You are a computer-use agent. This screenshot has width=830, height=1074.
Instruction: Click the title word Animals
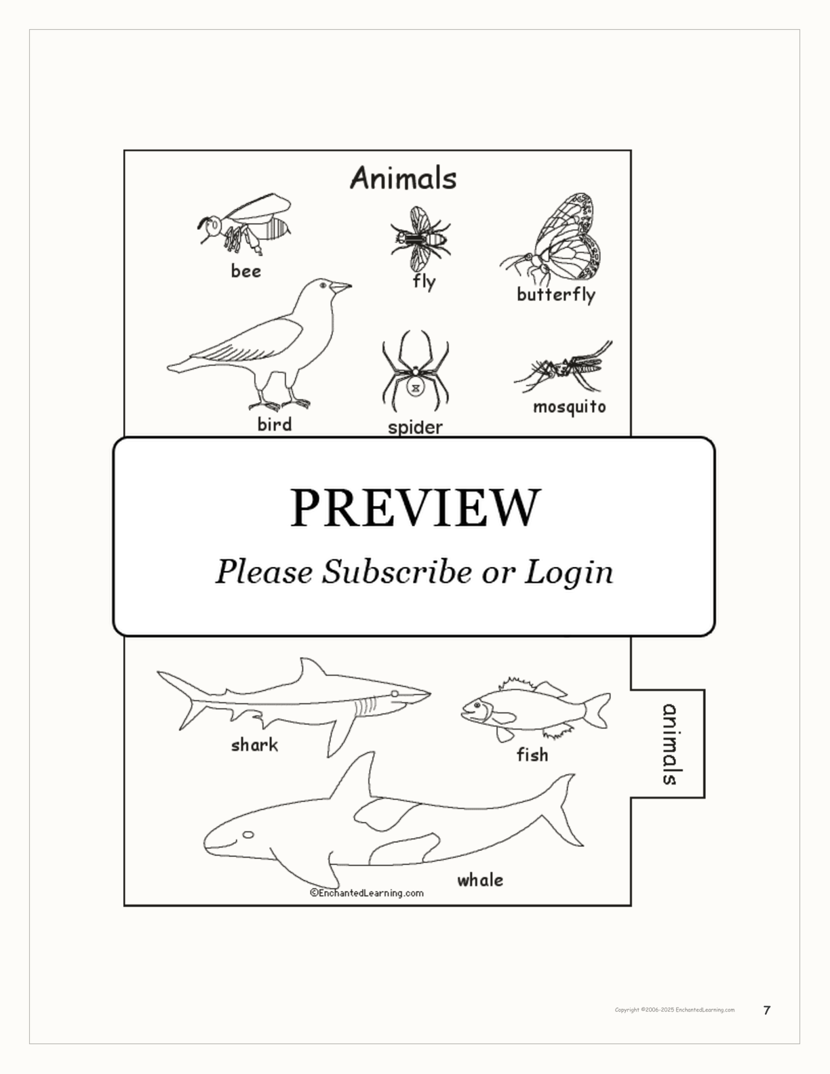(403, 178)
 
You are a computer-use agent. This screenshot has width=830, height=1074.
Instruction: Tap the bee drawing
(245, 224)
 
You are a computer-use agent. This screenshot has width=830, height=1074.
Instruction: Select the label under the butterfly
(556, 294)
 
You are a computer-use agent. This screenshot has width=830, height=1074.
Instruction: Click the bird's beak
(340, 287)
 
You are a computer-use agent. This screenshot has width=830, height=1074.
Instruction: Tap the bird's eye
(323, 285)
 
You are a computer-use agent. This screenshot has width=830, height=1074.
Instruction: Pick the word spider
(415, 428)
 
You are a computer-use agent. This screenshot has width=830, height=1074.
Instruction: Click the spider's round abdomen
(415, 388)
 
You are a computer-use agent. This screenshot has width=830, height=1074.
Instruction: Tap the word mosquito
(570, 407)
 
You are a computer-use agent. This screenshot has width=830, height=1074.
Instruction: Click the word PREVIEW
(415, 507)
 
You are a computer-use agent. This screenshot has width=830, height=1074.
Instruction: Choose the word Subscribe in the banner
(397, 572)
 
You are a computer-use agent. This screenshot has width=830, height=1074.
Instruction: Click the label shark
(254, 744)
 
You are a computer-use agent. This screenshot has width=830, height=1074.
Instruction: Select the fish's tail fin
(597, 710)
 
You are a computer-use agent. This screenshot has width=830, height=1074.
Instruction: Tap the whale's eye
(248, 835)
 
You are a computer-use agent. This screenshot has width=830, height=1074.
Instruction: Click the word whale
(480, 880)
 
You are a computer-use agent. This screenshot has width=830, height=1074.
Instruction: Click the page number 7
(767, 1010)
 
